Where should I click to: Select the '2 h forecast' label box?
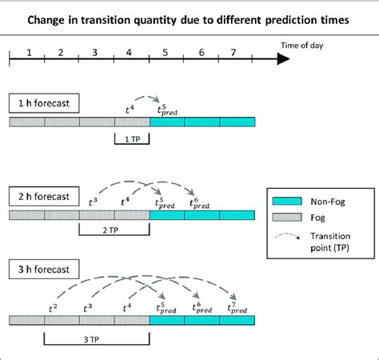tap(43, 194)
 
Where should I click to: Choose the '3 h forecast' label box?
tap(43, 269)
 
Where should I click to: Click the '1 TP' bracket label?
tap(132, 139)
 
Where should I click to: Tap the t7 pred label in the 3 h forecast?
tap(235, 306)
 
